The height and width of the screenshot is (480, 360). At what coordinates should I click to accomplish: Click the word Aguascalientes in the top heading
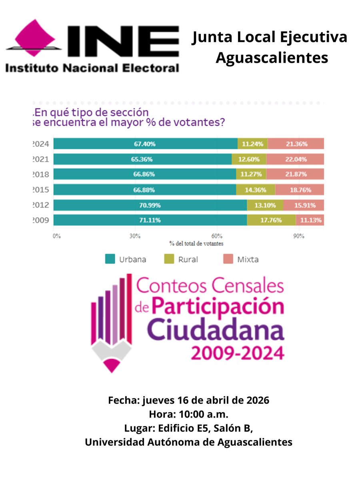point(272,57)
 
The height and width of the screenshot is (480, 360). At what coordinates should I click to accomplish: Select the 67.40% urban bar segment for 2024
point(145,144)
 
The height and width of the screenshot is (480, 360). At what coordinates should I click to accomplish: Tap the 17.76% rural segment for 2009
point(271,220)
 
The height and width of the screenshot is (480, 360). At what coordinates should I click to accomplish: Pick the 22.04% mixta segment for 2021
point(295,159)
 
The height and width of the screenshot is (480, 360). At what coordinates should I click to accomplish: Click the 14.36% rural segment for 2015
point(255,190)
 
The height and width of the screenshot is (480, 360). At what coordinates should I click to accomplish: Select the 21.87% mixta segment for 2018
point(295,174)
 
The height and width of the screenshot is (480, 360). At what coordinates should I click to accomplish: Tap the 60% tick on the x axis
point(217,236)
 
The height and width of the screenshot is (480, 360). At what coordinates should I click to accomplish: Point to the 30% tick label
point(135,236)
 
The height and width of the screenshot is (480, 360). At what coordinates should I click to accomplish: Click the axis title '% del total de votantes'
point(196,243)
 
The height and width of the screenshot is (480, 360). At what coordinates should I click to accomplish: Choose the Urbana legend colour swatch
point(110,259)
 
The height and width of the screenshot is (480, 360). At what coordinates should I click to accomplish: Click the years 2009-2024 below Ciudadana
point(238,353)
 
